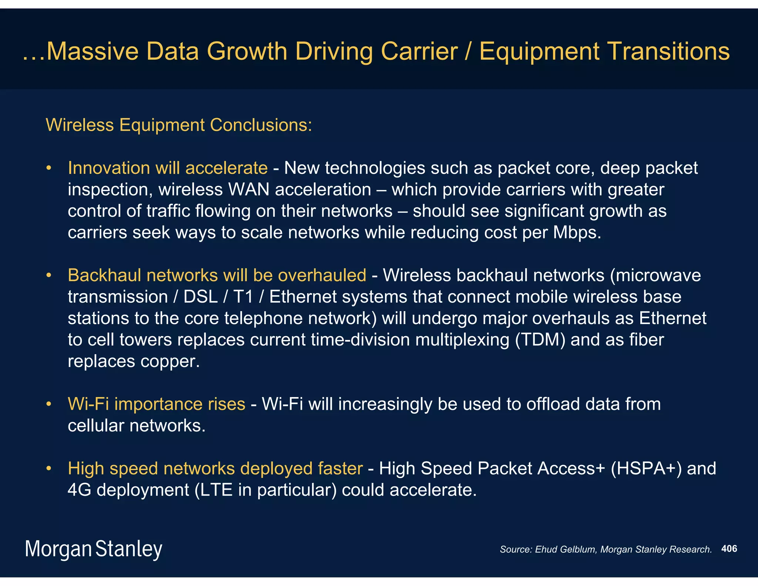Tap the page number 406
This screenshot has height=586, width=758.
tap(729, 549)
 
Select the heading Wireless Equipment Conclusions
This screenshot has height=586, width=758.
tap(179, 125)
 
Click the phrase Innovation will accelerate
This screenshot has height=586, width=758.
tap(168, 168)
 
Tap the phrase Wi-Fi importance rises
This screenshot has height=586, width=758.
tap(157, 404)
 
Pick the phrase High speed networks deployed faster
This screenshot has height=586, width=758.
tap(215, 469)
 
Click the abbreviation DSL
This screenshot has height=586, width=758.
tap(201, 297)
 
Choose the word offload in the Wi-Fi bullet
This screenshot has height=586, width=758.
tap(553, 404)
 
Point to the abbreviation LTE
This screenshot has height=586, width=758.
tap(217, 490)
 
